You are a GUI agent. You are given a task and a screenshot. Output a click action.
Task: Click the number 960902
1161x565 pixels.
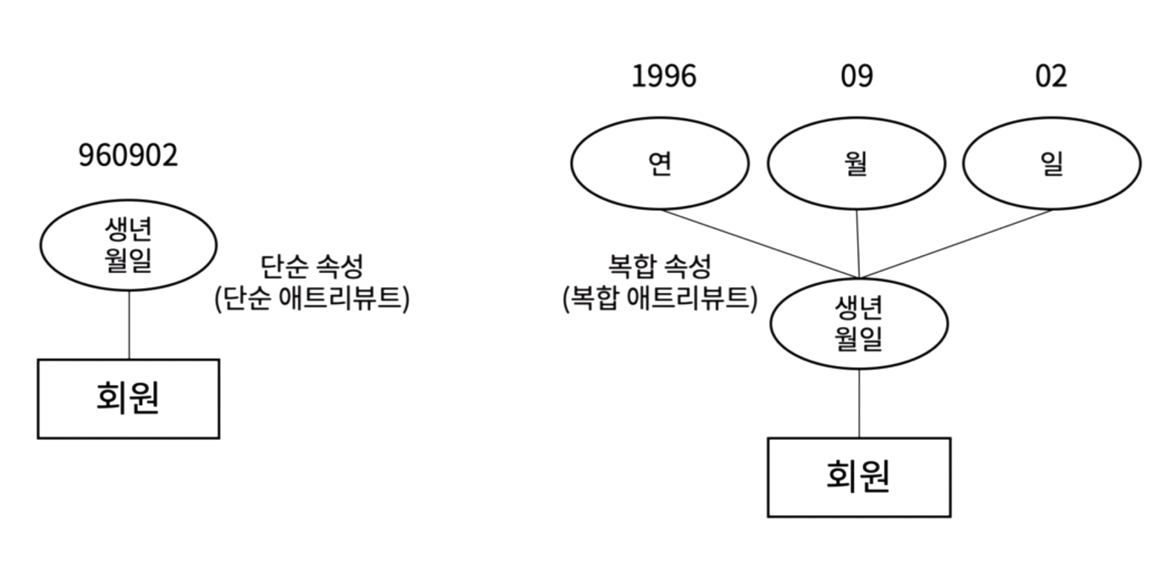(128, 156)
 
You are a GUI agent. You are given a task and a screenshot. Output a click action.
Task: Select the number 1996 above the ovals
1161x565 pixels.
(664, 76)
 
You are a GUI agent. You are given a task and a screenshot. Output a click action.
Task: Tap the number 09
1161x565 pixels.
(856, 76)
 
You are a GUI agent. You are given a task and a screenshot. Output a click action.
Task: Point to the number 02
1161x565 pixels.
(1051, 76)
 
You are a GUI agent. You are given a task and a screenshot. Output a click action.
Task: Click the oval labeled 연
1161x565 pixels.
(660, 163)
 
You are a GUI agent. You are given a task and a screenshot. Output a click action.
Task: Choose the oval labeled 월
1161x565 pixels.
(856, 163)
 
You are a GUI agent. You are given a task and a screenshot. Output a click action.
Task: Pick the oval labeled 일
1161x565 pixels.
(1051, 163)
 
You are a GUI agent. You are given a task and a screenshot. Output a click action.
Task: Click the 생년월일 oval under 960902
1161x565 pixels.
(128, 245)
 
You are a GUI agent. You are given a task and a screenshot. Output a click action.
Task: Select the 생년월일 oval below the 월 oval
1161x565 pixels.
(859, 323)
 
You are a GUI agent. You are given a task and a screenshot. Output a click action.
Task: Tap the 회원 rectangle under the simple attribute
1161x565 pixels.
(128, 398)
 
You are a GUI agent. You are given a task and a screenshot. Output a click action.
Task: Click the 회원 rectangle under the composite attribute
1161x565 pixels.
(859, 477)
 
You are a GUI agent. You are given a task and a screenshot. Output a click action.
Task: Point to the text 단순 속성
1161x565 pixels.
(312, 265)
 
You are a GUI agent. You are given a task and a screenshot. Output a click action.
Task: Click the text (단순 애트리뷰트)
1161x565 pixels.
(312, 298)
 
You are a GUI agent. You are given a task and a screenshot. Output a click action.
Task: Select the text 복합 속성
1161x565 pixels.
(659, 265)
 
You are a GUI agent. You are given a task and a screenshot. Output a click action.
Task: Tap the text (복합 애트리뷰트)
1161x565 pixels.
(660, 298)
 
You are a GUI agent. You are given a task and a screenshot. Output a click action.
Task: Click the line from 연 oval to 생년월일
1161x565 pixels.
(760, 244)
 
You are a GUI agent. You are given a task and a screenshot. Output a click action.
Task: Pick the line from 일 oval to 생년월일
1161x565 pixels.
(956, 244)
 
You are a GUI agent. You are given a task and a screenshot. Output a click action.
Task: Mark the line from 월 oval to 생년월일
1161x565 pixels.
(858, 244)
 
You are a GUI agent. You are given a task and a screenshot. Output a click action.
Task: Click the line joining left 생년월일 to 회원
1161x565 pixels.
(129, 325)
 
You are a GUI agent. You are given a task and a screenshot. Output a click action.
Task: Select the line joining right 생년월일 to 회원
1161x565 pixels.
(859, 403)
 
